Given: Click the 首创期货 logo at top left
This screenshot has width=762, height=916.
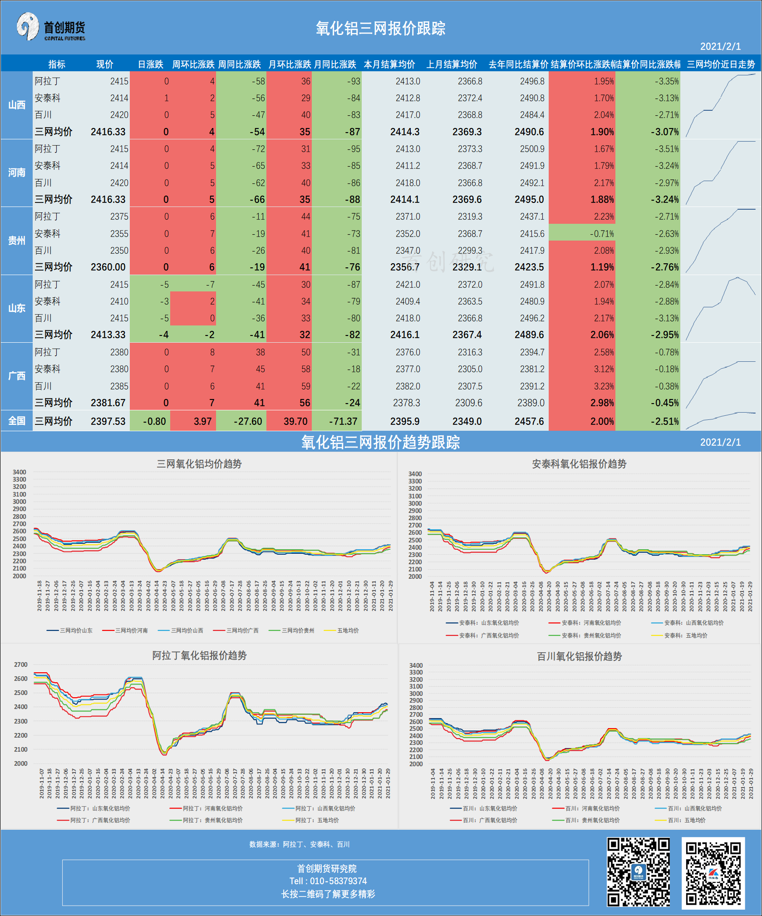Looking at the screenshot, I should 51,27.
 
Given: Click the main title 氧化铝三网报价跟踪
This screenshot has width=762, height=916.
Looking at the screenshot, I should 380,29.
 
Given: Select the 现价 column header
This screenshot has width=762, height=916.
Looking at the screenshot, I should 105,64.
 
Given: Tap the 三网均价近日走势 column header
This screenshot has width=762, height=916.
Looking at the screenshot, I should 721,64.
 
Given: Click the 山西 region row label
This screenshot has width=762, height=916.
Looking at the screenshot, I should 17,105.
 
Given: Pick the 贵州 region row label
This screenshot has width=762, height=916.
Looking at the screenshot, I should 17,241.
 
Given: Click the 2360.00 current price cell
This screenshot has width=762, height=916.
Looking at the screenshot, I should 108,267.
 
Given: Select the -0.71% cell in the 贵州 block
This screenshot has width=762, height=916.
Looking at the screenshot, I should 602,234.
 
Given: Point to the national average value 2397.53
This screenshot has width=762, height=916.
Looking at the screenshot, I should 108,421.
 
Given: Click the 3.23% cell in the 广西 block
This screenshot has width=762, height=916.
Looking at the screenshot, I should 604,386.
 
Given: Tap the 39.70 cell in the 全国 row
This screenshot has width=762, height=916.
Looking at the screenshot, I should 295,421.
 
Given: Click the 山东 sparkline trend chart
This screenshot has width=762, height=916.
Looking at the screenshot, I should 721,308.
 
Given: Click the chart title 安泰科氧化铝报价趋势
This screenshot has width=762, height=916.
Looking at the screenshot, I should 579,464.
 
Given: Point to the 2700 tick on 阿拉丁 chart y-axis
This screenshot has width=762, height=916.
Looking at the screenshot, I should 20,665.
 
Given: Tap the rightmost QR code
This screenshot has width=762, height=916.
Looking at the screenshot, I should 713,873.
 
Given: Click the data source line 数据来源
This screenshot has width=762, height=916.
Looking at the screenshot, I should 300,844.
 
